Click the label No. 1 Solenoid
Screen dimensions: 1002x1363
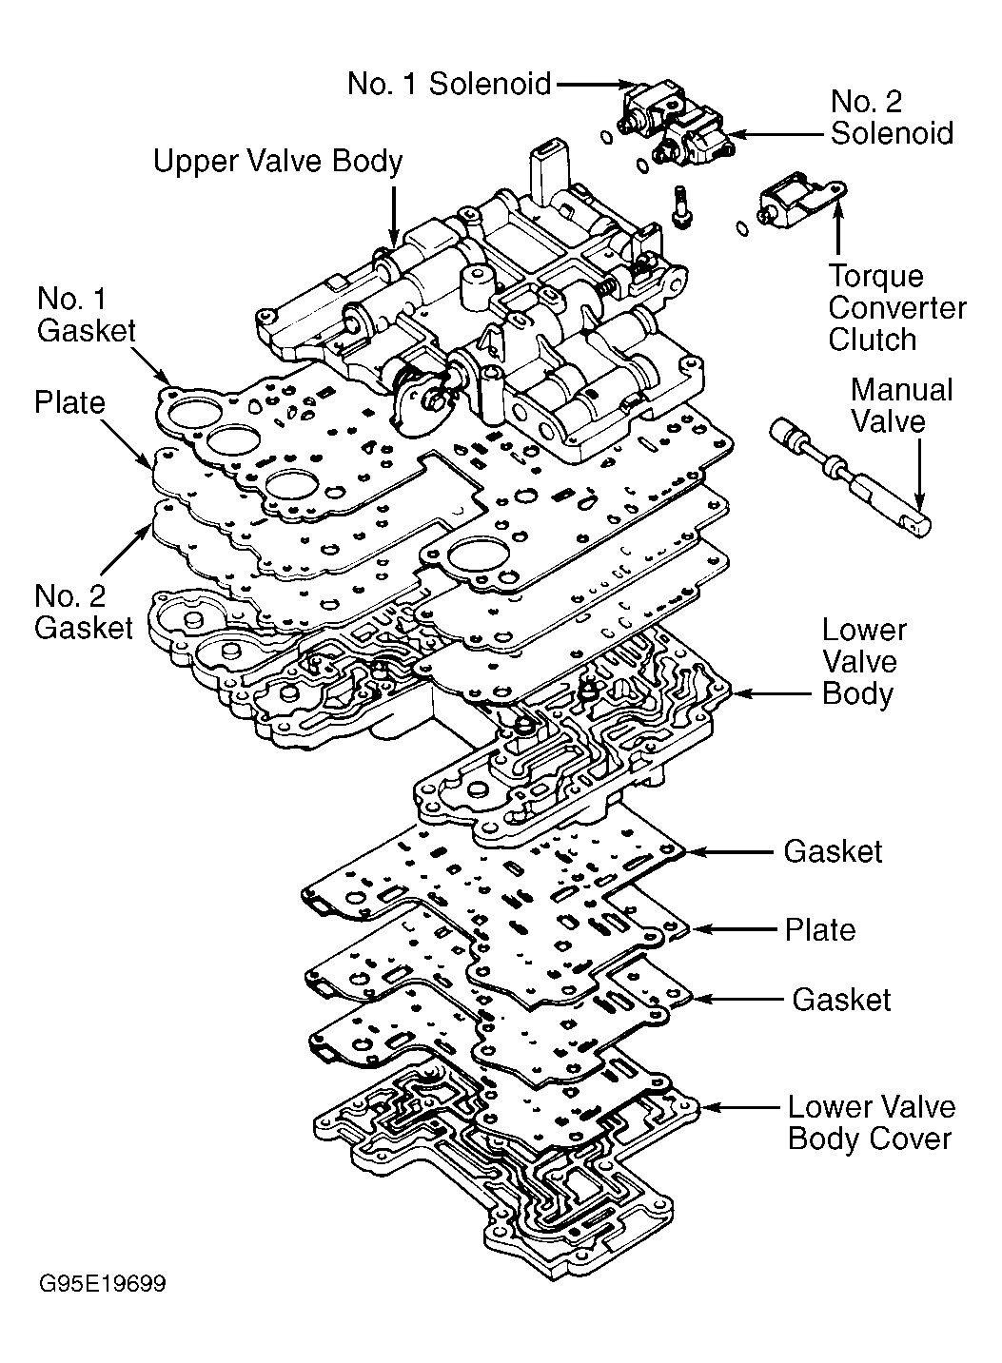point(448,84)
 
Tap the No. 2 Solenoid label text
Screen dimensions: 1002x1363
point(892,117)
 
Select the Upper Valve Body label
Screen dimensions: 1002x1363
point(278,162)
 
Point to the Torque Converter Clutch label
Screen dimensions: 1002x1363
point(896,308)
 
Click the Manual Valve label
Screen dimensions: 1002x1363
point(901,406)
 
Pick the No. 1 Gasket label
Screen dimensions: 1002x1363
point(86,315)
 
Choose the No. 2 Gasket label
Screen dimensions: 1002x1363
point(84,612)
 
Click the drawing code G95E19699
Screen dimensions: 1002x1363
point(102,1284)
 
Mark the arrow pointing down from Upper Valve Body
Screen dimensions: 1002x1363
point(393,216)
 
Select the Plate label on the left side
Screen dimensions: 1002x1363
point(69,403)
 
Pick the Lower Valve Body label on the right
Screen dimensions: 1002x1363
point(864,662)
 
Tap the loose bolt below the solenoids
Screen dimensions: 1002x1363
point(682,207)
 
